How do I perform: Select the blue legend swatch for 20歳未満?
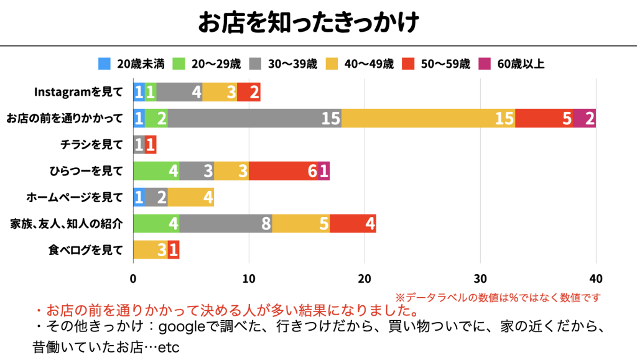pyautogui.click(x=105, y=63)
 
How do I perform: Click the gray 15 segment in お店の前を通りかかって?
pyautogui.click(x=254, y=118)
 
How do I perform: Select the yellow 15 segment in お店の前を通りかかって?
pyautogui.click(x=428, y=118)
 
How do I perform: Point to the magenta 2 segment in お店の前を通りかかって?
pyautogui.click(x=584, y=118)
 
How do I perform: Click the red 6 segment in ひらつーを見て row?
pyautogui.click(x=283, y=171)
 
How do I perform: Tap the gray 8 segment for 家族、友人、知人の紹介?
pyautogui.click(x=226, y=224)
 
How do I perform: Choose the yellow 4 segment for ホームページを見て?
pyautogui.click(x=190, y=198)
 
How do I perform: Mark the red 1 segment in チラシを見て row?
pyautogui.click(x=151, y=145)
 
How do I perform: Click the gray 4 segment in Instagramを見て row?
pyautogui.click(x=179, y=91)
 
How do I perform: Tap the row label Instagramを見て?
pyautogui.click(x=78, y=92)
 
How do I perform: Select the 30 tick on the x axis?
pyautogui.click(x=480, y=277)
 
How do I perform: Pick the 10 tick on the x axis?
pyautogui.click(x=249, y=277)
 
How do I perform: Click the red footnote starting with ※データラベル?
pyautogui.click(x=498, y=297)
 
